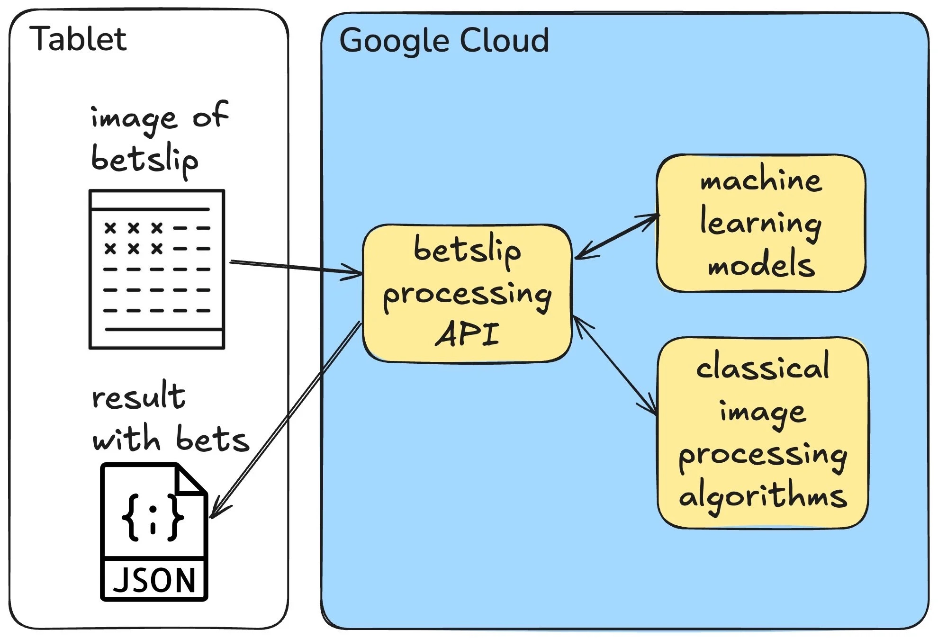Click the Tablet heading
(x=78, y=39)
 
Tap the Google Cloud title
(x=444, y=40)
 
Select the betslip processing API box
(x=467, y=293)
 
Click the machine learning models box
(x=761, y=223)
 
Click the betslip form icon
(x=157, y=269)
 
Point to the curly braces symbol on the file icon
(x=153, y=517)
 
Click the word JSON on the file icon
(x=154, y=580)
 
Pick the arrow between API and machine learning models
(x=616, y=237)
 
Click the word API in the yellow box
(x=467, y=334)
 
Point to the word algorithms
(x=763, y=496)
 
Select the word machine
(x=761, y=180)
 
